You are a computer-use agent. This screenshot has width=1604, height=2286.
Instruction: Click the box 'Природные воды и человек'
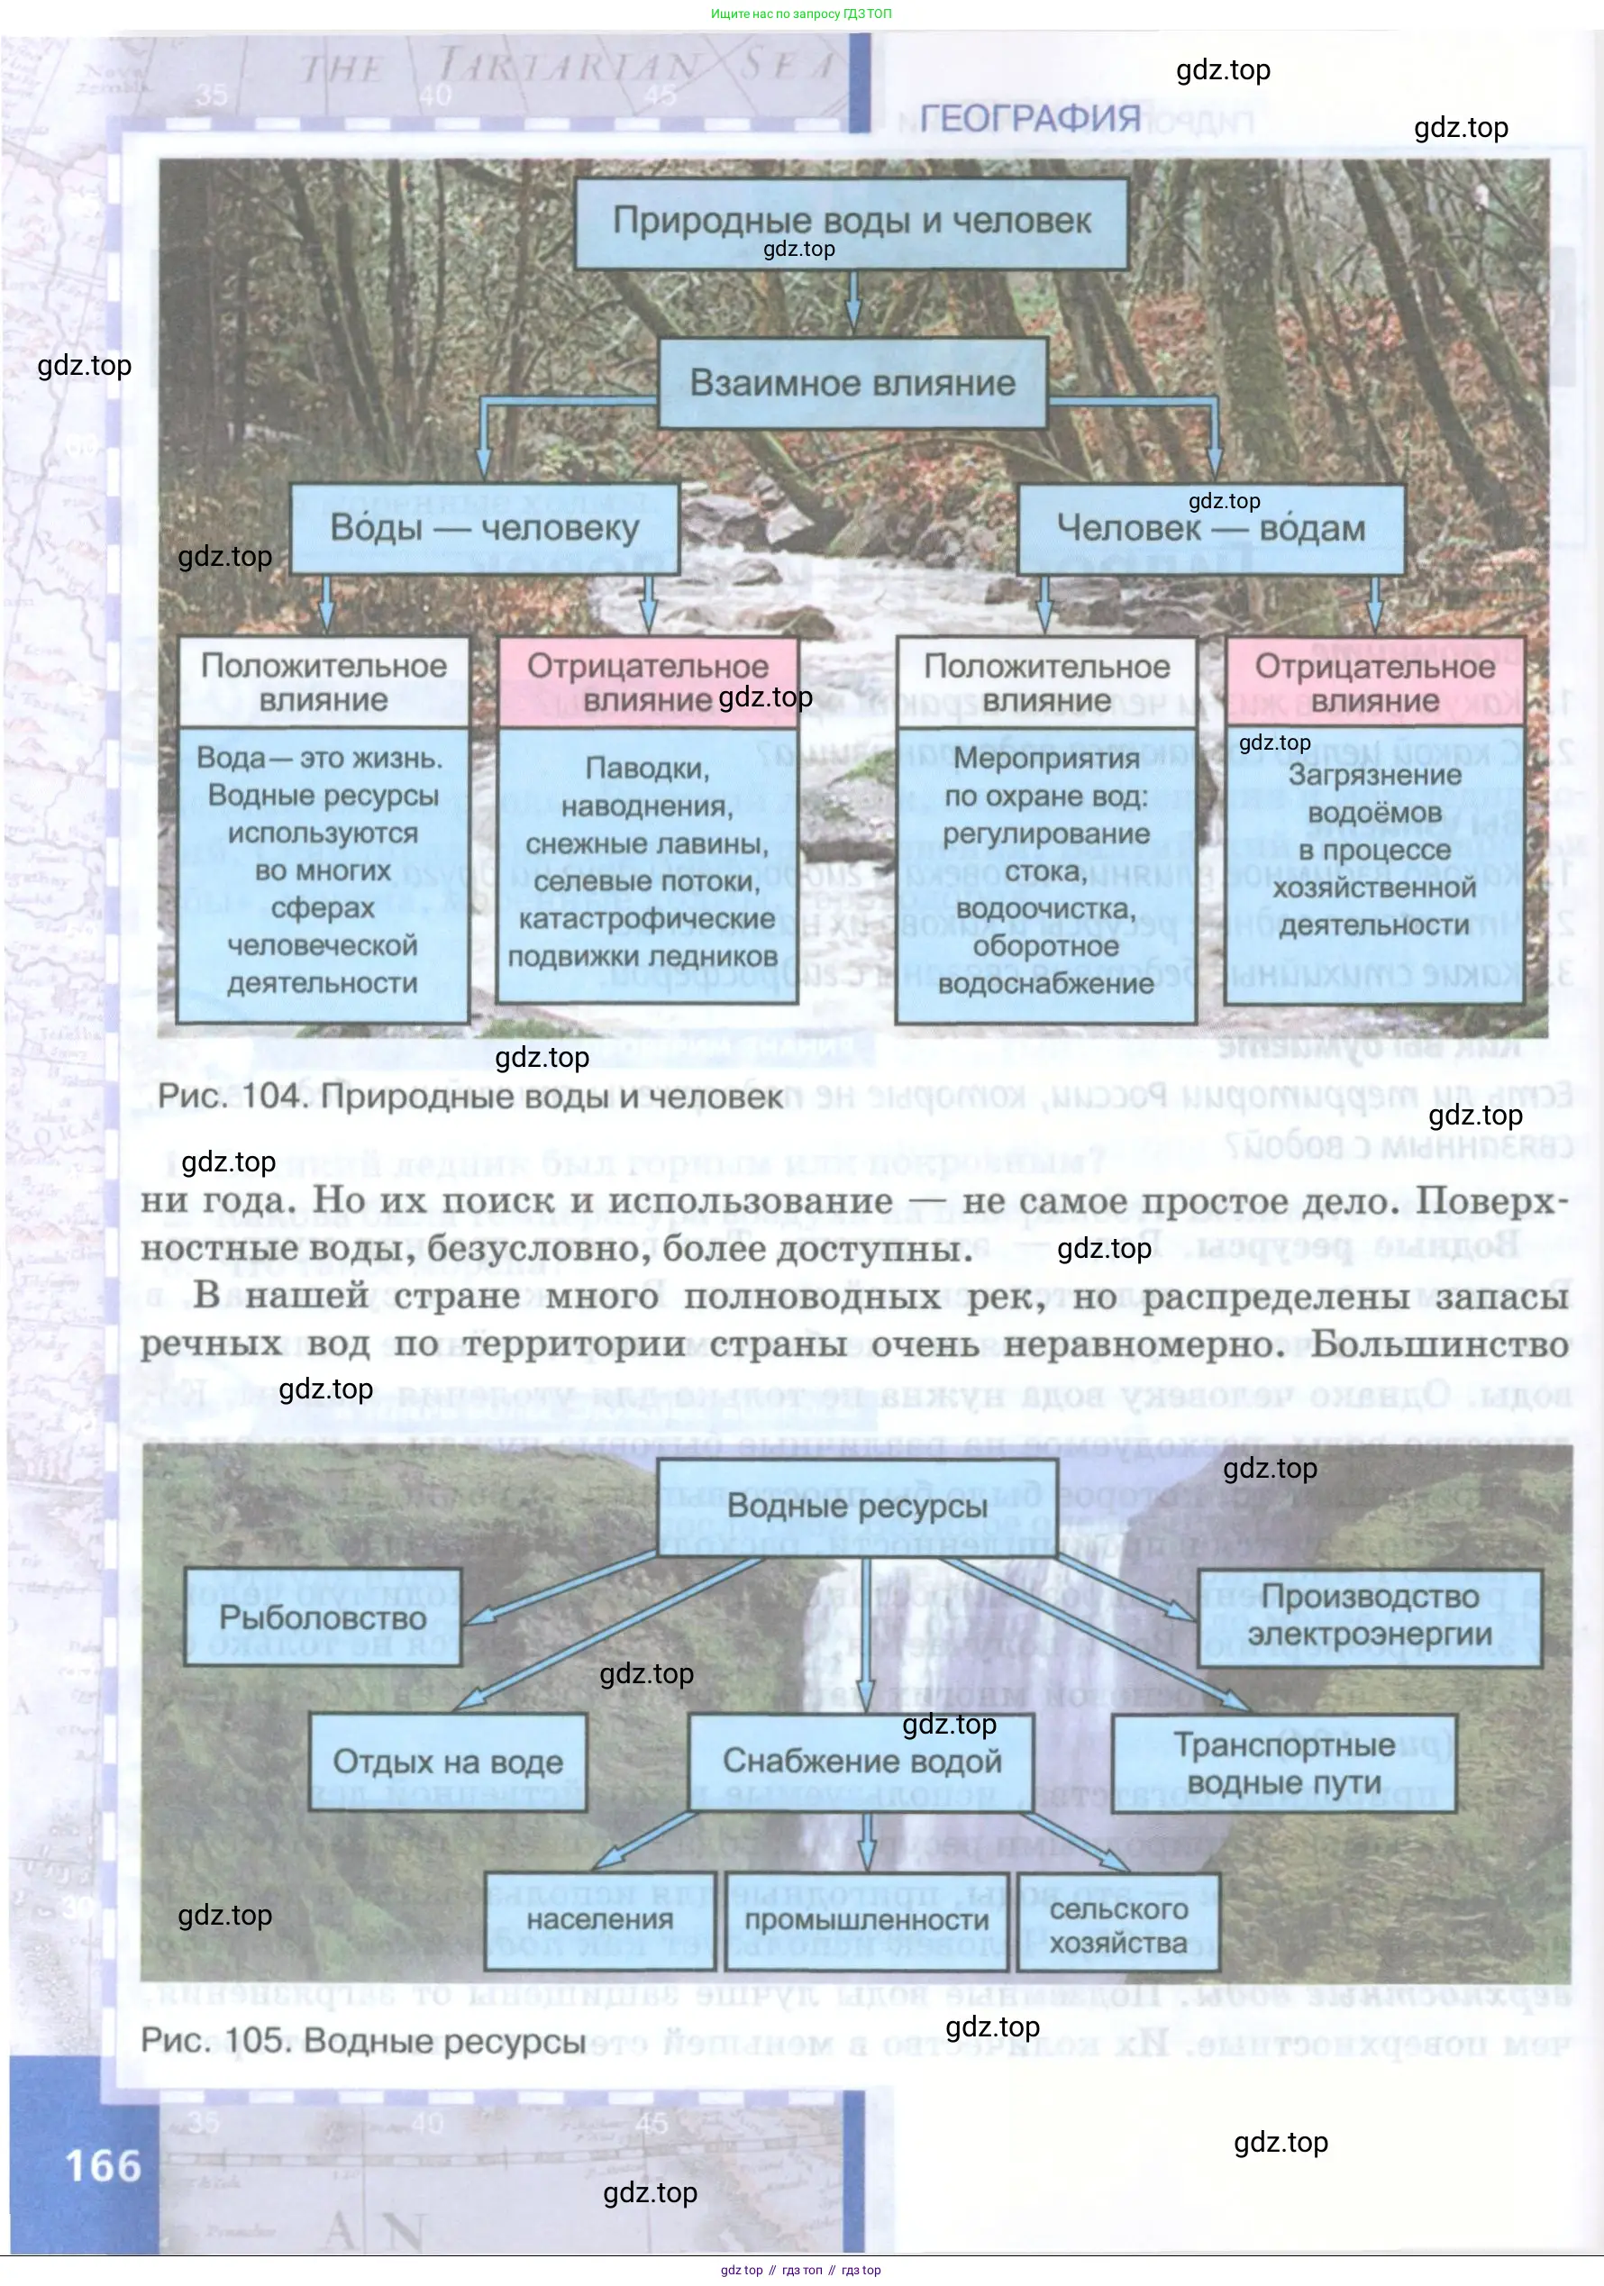tap(852, 222)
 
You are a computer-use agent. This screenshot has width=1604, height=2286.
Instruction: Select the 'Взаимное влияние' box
tap(852, 383)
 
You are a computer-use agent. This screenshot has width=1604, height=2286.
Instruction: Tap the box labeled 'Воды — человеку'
tap(484, 528)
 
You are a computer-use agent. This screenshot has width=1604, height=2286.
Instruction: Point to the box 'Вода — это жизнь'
tap(323, 872)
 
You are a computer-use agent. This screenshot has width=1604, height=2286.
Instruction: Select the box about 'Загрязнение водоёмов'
tap(1374, 852)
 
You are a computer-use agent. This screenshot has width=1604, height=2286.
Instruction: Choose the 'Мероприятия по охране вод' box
tap(1045, 872)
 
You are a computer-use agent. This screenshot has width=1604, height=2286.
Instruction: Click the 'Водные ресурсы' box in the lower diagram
tap(856, 1507)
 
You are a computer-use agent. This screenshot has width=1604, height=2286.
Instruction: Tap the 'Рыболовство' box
tap(323, 1617)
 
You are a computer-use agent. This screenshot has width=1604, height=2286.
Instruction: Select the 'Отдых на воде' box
tap(447, 1762)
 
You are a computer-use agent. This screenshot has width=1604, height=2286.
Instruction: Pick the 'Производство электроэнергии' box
tap(1369, 1616)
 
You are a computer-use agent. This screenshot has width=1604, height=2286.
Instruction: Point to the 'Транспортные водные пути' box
tap(1283, 1763)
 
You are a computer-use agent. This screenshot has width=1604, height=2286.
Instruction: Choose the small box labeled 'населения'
tap(599, 1919)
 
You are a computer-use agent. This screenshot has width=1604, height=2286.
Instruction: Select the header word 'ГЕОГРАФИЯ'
tap(1029, 118)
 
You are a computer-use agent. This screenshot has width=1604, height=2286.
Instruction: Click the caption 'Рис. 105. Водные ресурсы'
tap(362, 2040)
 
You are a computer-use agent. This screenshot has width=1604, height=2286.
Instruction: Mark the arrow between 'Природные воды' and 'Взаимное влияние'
tap(852, 301)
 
